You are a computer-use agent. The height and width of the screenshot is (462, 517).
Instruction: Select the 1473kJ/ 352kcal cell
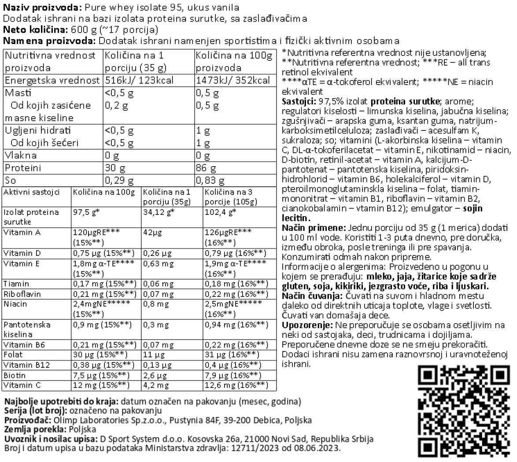pyautogui.click(x=233, y=81)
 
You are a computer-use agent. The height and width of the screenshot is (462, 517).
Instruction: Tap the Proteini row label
pyautogui.click(x=23, y=168)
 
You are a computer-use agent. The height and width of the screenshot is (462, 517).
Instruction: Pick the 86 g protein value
pyautogui.click(x=206, y=168)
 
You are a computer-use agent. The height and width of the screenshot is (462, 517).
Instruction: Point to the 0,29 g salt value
pyautogui.click(x=118, y=181)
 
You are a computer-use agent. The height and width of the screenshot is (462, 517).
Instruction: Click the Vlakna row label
pyautogui.click(x=21, y=155)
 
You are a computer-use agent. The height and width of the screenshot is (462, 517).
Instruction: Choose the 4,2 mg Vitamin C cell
pyautogui.click(x=156, y=385)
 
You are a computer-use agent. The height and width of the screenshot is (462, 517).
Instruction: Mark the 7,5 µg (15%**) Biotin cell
pyautogui.click(x=101, y=375)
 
